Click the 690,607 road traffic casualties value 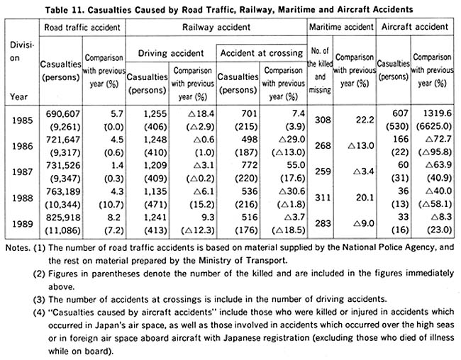(x=63, y=113)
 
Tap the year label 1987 (x=23, y=171)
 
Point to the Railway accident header (x=216, y=28)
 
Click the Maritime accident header (x=341, y=27)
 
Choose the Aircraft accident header (x=415, y=27)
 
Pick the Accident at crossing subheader (x=262, y=53)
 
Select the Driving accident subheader (x=171, y=53)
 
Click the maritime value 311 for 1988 (x=323, y=198)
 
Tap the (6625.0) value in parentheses (x=434, y=126)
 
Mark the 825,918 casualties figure (x=63, y=217)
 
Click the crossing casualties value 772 (x=250, y=165)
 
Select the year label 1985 (x=23, y=120)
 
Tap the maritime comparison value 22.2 (x=365, y=120)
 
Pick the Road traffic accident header (x=82, y=28)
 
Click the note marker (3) (x=39, y=300)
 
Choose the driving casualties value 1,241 (x=155, y=217)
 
